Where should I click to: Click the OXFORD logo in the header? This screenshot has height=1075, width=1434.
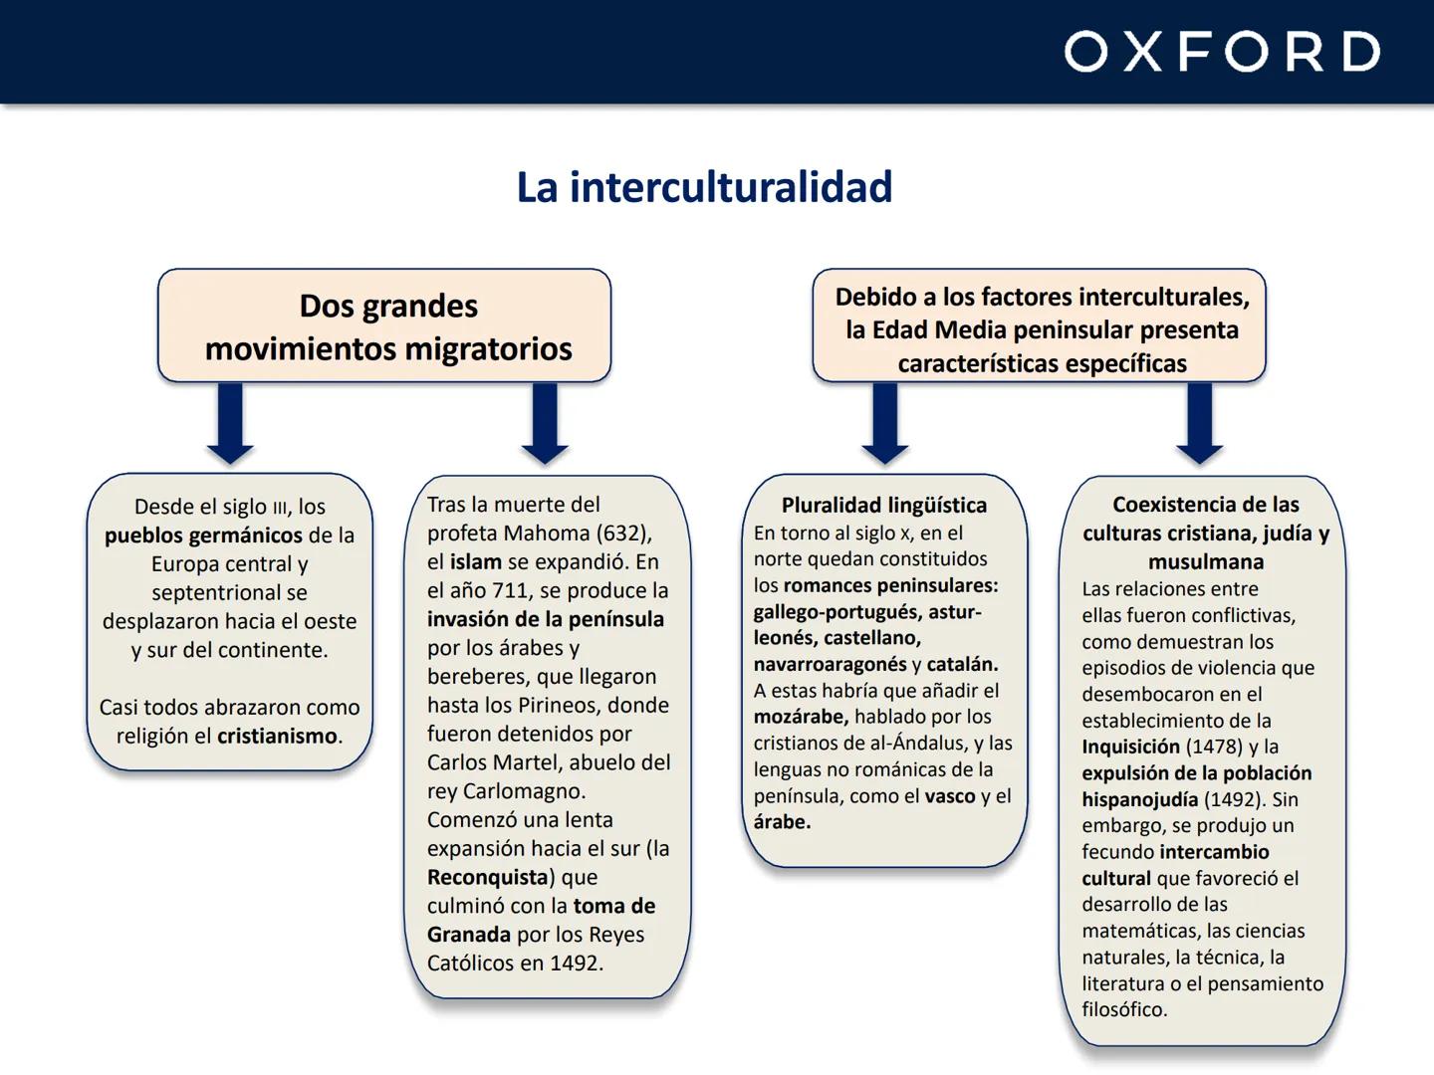pos(1222,52)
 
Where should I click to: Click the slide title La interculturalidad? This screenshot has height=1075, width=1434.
pos(704,187)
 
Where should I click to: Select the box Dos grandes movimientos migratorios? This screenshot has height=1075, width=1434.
pos(384,325)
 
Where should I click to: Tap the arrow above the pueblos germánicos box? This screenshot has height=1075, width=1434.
pos(230,423)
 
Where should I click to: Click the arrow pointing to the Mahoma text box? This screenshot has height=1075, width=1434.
pos(545,423)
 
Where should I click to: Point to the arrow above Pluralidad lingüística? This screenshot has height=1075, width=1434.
pos(884,423)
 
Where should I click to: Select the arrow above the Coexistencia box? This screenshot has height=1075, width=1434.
pos(1199,423)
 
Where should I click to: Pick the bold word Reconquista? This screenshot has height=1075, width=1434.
pos(488,878)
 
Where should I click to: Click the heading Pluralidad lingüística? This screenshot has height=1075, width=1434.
pos(884,506)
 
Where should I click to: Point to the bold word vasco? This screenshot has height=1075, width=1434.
pos(949,796)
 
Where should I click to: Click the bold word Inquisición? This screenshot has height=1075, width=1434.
pos(1130,748)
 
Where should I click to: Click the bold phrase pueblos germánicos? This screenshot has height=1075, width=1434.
pos(203,536)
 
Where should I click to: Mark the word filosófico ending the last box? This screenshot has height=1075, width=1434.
pos(1123,1010)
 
